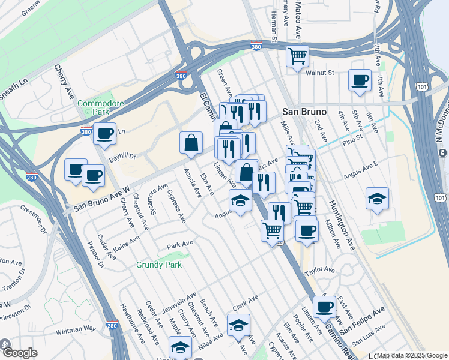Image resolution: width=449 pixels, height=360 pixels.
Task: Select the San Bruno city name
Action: [x=304, y=112]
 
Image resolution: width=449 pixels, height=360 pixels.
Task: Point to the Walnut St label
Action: [x=319, y=73]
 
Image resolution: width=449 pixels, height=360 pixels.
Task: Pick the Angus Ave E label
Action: [x=360, y=169]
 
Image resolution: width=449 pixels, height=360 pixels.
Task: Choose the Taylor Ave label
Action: [x=319, y=271]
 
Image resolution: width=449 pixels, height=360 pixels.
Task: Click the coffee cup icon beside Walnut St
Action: [x=360, y=80]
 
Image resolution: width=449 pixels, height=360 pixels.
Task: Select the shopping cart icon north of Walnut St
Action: [x=297, y=56]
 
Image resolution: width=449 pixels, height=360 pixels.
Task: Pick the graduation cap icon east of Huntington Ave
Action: [x=377, y=199]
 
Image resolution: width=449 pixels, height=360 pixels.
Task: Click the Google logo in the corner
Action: [x=19, y=352]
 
